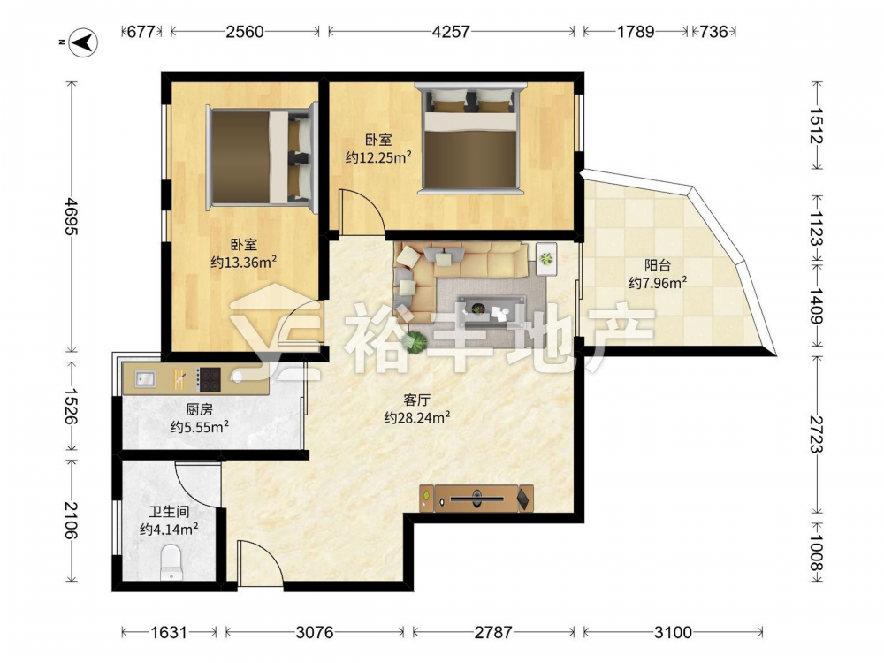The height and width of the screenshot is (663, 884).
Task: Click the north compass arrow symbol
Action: point(83,42)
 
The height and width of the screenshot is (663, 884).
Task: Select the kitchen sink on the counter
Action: point(146,379)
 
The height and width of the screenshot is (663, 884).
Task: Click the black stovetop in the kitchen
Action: point(209,379)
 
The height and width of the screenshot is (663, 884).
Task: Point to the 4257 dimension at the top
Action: point(451,32)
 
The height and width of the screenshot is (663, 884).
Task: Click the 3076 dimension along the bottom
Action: point(315,632)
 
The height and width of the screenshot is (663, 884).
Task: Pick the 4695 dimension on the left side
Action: point(71,217)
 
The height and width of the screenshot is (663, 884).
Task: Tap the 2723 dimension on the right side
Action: point(817,434)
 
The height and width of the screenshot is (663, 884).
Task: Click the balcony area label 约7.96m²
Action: point(658,283)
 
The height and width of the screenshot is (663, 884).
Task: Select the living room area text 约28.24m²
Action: point(416,417)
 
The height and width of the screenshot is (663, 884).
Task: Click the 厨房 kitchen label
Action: point(199,409)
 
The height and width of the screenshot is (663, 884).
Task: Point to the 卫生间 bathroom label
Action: point(169,512)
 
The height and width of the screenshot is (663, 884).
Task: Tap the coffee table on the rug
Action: point(484,309)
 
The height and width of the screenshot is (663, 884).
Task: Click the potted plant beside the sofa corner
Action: point(416,341)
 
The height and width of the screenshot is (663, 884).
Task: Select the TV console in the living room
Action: point(476,499)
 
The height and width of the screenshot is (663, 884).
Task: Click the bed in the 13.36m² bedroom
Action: point(262,156)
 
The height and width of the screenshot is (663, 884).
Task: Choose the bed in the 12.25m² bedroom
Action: point(470,139)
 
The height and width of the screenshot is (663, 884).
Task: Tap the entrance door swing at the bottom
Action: point(258,561)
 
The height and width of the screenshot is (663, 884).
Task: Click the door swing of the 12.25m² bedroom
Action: point(362,210)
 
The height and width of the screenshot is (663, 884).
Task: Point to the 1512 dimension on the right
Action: point(817,126)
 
